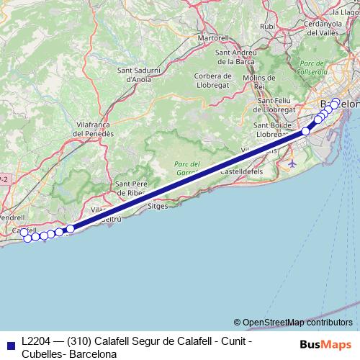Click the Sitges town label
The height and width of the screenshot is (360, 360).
[x=157, y=205]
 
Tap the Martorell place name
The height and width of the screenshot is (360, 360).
[x=212, y=37]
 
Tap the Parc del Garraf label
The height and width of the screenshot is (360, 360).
[x=189, y=168]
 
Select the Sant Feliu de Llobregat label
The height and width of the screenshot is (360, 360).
[x=276, y=104]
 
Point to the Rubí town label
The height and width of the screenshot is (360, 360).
[x=268, y=26]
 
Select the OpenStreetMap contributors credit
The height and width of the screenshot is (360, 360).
[x=297, y=322]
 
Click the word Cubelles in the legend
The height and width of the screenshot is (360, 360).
[x=41, y=354]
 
